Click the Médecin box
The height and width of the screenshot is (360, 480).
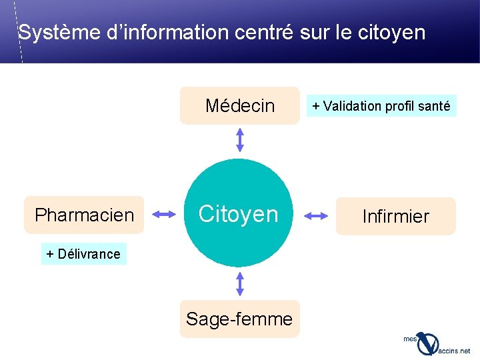point(240,105)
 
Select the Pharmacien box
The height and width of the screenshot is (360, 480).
point(84,215)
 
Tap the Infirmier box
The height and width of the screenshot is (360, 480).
point(395,216)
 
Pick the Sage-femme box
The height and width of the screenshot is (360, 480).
point(239,319)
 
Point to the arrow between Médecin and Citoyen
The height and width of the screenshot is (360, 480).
point(240,141)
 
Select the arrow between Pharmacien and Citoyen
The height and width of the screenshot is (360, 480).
point(164,214)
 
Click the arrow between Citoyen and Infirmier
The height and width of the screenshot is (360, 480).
point(317,215)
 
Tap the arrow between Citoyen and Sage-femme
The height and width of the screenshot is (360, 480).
point(240,283)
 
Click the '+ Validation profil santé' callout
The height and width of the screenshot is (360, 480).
point(381,105)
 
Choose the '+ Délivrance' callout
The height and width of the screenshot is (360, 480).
point(83,253)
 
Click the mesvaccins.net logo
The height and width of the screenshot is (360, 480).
point(436,343)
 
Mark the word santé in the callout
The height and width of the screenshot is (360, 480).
point(435,105)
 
